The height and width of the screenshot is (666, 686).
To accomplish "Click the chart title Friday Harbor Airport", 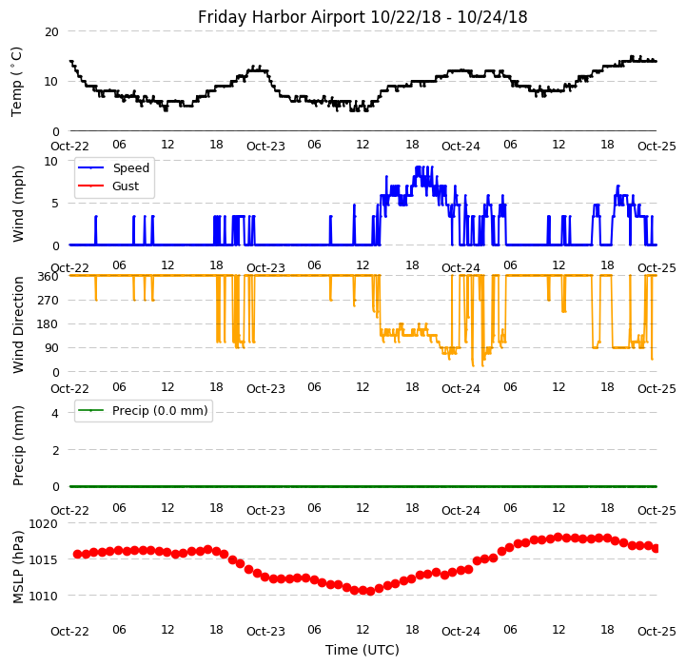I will click(363, 17).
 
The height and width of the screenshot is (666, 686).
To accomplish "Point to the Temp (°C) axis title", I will click(17, 81).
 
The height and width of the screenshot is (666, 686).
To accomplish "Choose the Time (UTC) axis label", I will click(363, 650).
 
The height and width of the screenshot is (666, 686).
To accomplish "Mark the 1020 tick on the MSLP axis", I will click(44, 523).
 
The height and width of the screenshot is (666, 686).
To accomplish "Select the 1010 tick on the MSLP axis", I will click(44, 596).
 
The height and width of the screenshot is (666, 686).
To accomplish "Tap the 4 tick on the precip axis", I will click(55, 413).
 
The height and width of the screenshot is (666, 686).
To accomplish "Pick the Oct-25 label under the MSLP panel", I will click(657, 631).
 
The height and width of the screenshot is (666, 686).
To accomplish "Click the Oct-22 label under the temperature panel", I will click(69, 147).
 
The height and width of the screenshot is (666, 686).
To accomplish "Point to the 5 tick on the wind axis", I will click(55, 203).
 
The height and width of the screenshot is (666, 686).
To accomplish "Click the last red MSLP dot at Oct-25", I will click(656, 548).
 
